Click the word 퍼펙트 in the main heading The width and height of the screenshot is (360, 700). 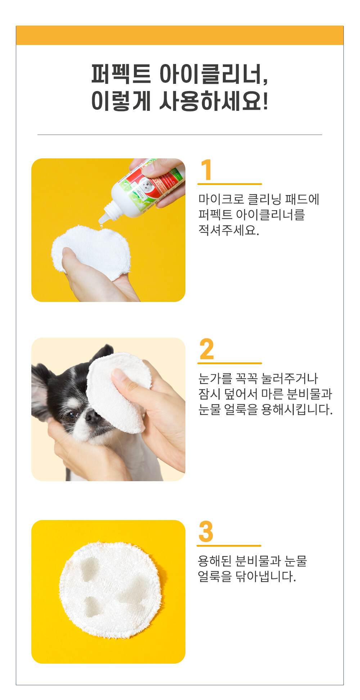[121, 74]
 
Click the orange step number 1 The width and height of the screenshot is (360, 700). [206, 170]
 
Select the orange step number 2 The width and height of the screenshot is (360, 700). [207, 349]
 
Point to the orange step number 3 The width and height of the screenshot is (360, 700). [206, 532]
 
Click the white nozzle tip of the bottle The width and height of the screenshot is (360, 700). [102, 220]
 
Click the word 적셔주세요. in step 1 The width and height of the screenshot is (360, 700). [229, 230]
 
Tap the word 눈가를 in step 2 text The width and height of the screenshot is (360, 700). [215, 378]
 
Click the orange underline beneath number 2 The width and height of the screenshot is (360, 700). [230, 363]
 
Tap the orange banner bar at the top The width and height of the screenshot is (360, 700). [180, 35]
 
